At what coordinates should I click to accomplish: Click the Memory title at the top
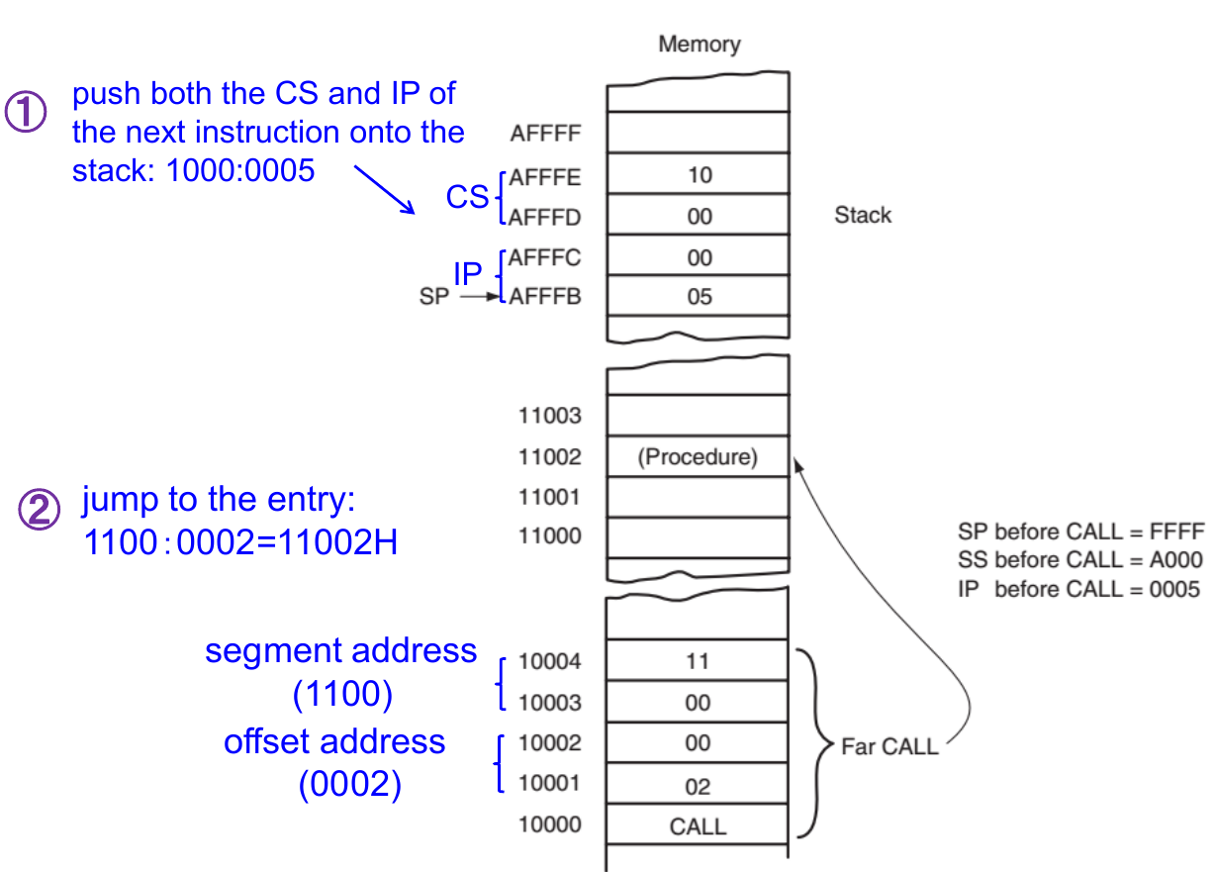(699, 45)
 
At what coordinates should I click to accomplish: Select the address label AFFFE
(545, 178)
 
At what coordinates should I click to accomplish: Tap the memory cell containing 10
(699, 175)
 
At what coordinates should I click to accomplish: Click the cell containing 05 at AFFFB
(699, 297)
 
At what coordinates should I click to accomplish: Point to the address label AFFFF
(545, 134)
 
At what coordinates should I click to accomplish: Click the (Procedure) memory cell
(699, 457)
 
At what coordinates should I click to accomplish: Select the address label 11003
(550, 416)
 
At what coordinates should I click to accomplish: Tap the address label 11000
(550, 536)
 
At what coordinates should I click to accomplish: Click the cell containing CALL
(699, 826)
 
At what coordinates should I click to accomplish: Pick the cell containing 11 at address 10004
(699, 660)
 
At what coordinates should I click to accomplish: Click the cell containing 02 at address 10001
(699, 787)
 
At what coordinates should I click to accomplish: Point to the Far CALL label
(889, 747)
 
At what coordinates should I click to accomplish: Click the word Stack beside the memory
(863, 215)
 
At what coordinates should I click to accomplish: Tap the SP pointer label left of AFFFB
(434, 296)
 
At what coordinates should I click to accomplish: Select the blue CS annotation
(467, 197)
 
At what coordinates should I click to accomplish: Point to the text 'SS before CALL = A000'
(1080, 560)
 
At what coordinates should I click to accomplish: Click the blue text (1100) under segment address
(342, 695)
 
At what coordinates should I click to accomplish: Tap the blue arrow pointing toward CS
(383, 189)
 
